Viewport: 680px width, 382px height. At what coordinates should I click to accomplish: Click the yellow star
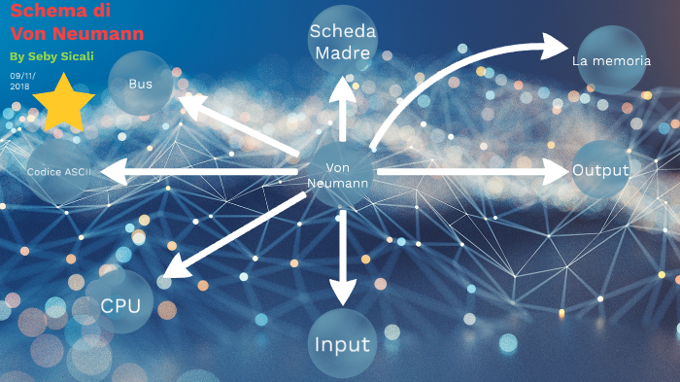pos(63,102)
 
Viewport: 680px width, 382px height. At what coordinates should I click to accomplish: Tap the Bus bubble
pos(141,84)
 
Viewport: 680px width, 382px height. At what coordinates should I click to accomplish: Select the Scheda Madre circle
pos(340,42)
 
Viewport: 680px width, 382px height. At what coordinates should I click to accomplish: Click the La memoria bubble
pos(610,60)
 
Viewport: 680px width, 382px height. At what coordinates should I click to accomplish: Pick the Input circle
pos(342,345)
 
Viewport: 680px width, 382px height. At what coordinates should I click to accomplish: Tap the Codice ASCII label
pos(58,172)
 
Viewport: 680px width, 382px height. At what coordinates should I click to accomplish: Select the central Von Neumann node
pos(338,175)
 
